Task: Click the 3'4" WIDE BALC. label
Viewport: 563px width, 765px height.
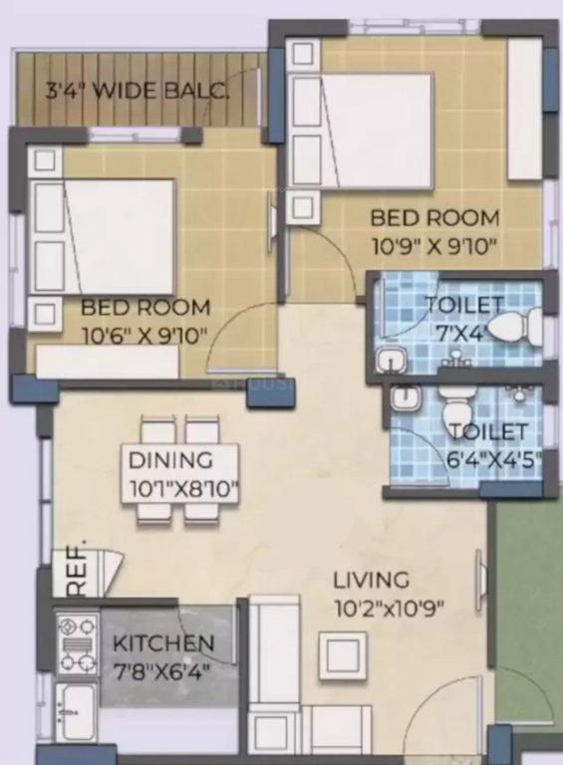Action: point(138,93)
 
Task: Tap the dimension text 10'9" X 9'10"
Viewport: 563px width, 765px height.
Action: point(434,243)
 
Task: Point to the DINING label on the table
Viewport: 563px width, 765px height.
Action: point(170,460)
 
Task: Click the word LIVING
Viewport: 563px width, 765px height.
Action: point(371,579)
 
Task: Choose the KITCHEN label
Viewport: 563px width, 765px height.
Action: point(162,642)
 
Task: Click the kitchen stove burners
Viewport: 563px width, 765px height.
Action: point(76,644)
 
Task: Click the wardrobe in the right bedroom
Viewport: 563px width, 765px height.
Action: point(524,110)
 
